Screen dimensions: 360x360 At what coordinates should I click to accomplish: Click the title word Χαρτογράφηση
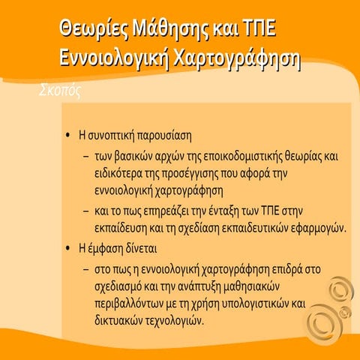coord(238,60)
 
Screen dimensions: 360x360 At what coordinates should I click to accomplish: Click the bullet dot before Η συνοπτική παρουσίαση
coord(68,137)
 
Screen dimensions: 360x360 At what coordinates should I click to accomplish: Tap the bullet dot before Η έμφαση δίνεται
coord(68,247)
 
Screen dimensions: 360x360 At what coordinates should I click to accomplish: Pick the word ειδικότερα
coord(127,174)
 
